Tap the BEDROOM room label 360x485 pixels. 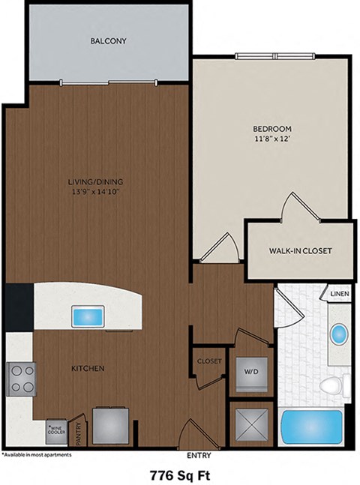tap(271, 128)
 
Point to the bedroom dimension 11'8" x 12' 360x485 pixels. tap(271, 139)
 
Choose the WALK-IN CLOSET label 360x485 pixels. tap(300, 250)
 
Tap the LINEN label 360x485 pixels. tap(339, 295)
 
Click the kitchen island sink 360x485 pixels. tap(88, 316)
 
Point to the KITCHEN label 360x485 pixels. tap(88, 369)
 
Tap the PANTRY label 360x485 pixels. tap(78, 434)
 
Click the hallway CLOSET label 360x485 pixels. tap(209, 361)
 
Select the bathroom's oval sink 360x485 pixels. tap(339, 332)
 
